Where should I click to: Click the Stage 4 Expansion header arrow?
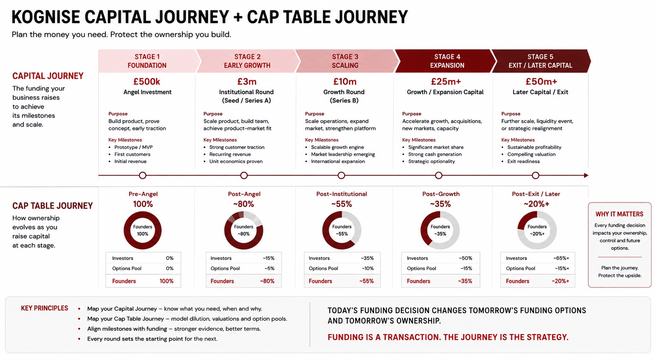pos(445,61)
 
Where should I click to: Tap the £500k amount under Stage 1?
pos(147,81)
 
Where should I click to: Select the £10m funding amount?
pos(345,81)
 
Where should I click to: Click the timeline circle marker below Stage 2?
pos(244,176)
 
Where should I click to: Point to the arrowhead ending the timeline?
pos(586,176)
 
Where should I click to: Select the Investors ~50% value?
pos(465,258)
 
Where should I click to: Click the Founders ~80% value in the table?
pos(267,281)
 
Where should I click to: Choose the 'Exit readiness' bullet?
pos(523,162)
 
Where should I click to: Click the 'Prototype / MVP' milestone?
pos(133,147)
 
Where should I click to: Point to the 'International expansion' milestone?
pos(338,162)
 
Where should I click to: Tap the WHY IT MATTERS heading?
pos(620,214)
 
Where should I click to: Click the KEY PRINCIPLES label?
pos(45,308)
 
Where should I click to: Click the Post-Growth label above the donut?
pos(441,194)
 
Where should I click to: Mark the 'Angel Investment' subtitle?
pos(147,92)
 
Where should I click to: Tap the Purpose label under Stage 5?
pos(511,114)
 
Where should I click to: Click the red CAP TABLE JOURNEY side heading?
pos(52,206)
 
